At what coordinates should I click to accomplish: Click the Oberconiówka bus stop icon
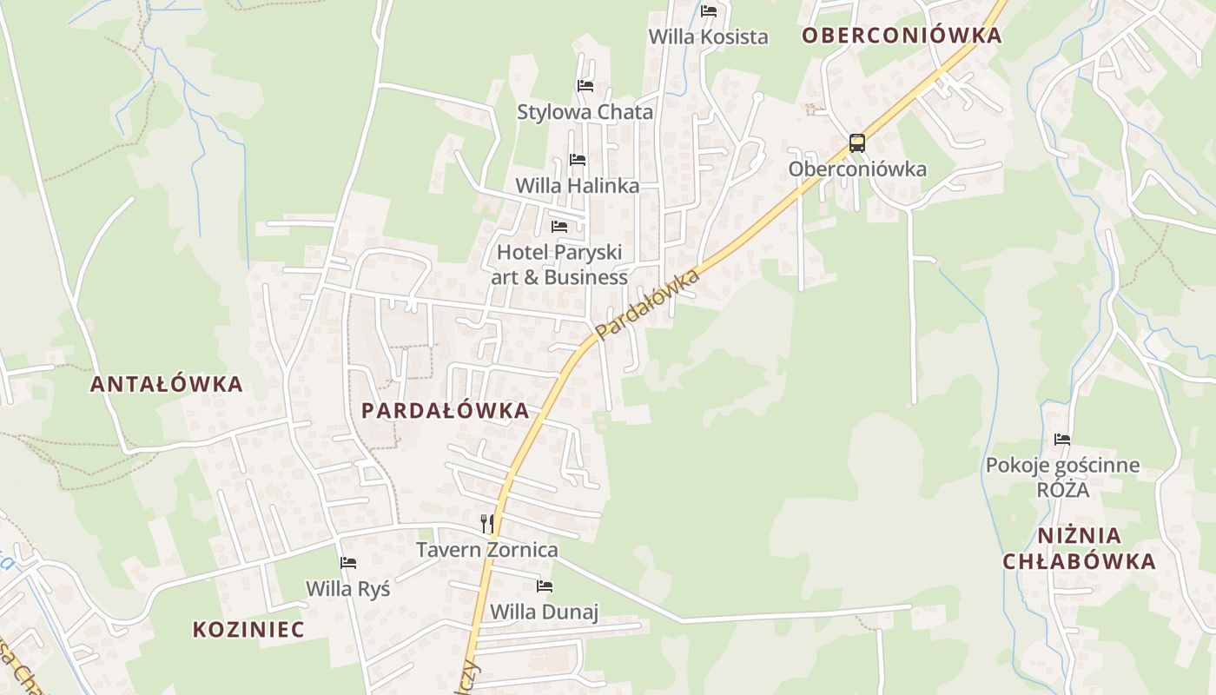(x=857, y=143)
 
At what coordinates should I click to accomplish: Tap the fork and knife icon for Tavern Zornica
(x=487, y=523)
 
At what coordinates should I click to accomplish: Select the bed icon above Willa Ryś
(x=348, y=563)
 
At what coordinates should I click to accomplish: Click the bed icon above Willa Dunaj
(x=545, y=586)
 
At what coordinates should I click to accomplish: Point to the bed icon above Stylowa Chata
(x=585, y=86)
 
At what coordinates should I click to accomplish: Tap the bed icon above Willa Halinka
(x=578, y=160)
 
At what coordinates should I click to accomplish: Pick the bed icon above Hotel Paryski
(x=559, y=227)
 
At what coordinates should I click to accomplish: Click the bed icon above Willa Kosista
(x=709, y=11)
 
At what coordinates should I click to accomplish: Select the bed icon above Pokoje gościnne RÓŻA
(x=1062, y=440)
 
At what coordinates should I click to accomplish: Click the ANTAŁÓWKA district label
(x=167, y=384)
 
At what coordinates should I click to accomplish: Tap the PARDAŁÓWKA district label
(x=445, y=410)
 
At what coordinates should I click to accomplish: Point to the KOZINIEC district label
(x=248, y=629)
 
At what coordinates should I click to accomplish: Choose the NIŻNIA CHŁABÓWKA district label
(x=1079, y=548)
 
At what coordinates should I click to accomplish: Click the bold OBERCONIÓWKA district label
(x=902, y=36)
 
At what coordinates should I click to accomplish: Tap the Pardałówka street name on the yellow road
(x=648, y=304)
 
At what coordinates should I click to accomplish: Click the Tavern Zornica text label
(x=486, y=550)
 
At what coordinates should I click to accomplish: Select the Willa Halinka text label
(x=578, y=186)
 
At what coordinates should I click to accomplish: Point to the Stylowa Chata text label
(x=585, y=112)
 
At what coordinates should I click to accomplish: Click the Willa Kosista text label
(x=709, y=37)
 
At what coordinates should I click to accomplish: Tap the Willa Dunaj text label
(x=545, y=612)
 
